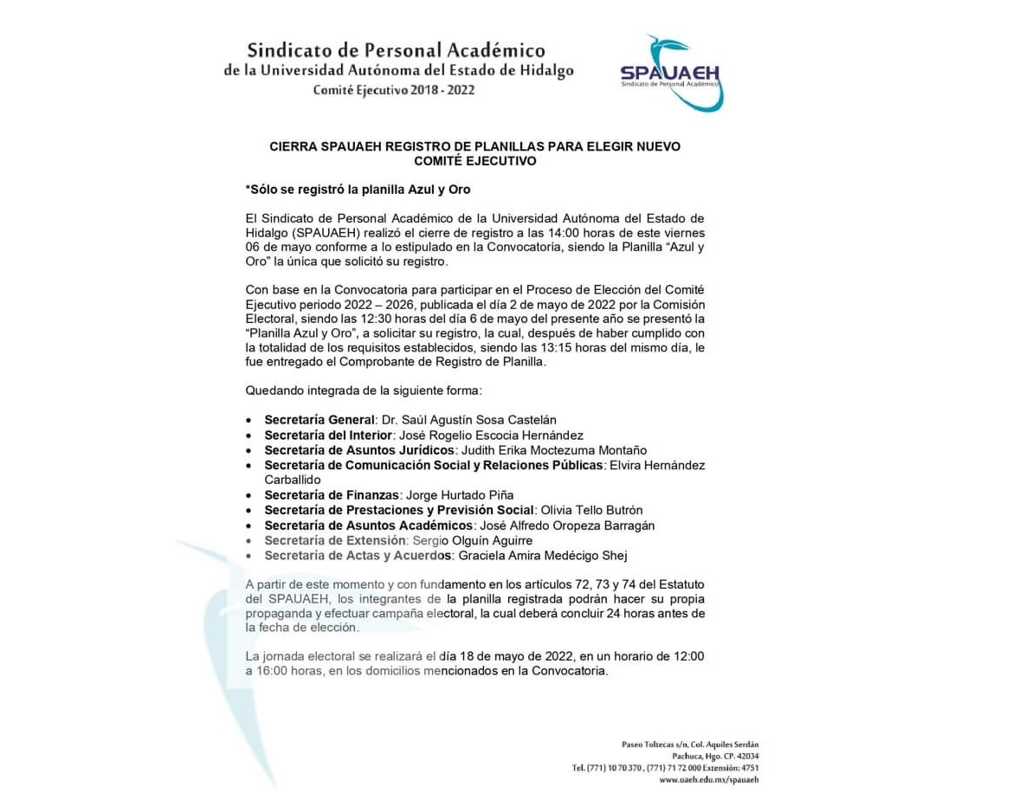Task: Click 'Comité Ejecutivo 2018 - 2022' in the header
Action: coord(394,90)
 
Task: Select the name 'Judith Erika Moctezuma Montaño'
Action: coord(554,450)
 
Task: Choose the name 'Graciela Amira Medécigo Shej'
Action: coord(544,555)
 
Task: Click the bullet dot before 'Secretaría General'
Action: coord(249,421)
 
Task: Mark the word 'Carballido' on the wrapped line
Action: coord(293,480)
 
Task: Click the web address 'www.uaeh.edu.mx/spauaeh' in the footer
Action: coord(708,779)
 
